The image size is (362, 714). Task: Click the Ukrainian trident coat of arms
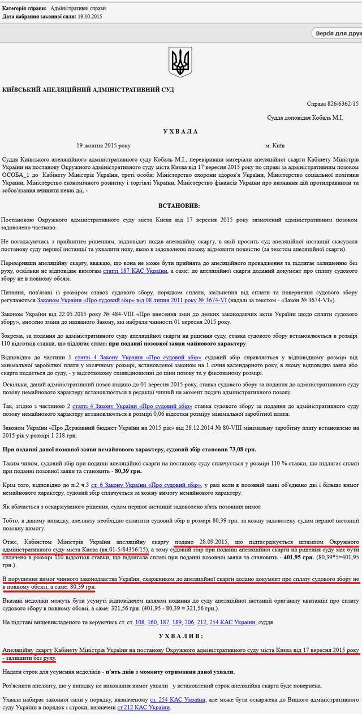[x=180, y=62]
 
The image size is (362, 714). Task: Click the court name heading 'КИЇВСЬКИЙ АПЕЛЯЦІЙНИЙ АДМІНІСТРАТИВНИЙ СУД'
[x=88, y=90]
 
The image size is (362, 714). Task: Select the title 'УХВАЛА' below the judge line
[x=180, y=131]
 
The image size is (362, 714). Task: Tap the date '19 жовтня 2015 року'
[x=104, y=145]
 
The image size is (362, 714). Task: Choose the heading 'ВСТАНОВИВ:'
[x=180, y=206]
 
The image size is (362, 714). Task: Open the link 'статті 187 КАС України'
[x=135, y=271]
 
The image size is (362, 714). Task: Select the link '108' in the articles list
[x=140, y=622]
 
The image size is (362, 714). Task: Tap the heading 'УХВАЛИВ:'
[x=180, y=636]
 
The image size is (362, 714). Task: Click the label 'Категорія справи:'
[x=25, y=10]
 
